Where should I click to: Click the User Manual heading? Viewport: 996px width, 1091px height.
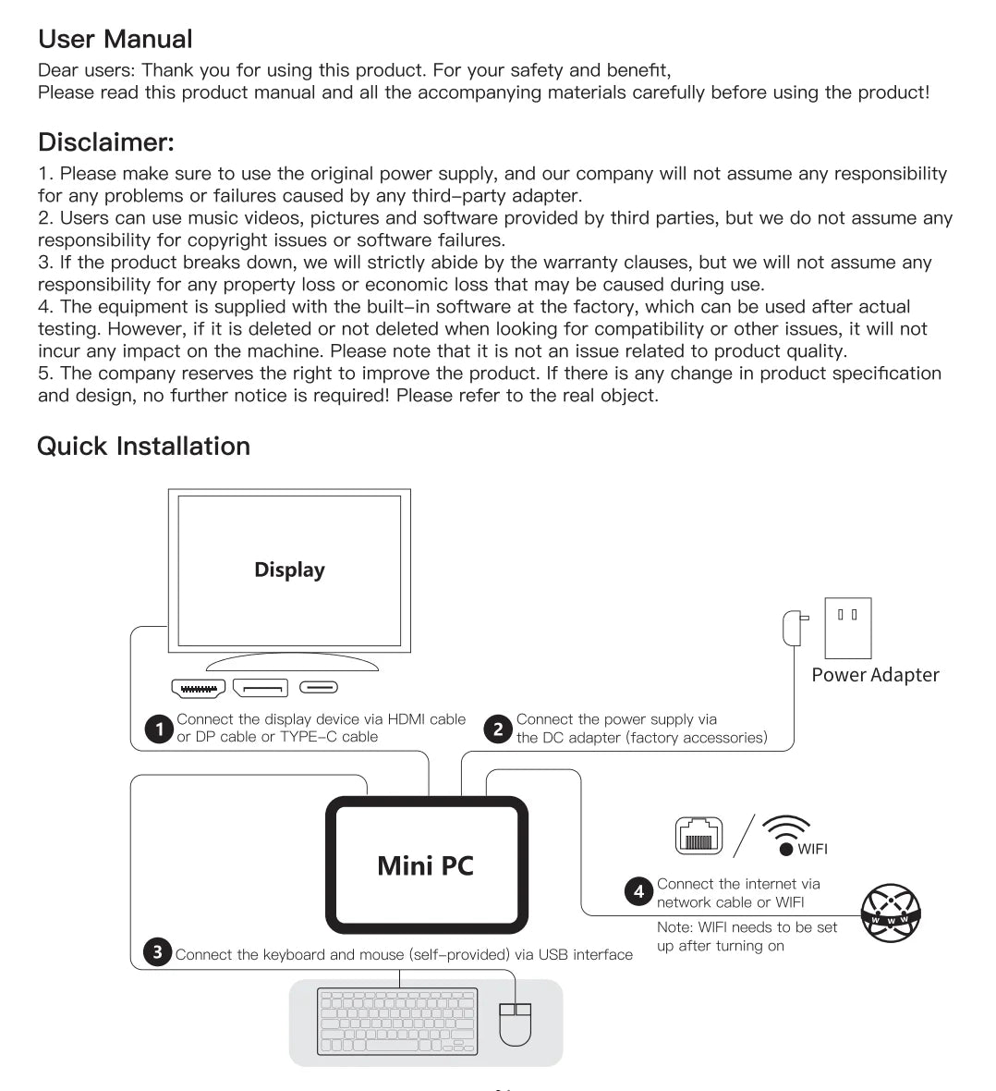(x=115, y=39)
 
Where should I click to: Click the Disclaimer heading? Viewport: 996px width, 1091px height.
(x=105, y=142)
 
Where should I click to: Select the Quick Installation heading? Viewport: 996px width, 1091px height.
(x=143, y=446)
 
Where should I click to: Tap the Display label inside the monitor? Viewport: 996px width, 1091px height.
(x=289, y=570)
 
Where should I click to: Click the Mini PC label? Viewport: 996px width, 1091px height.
(x=425, y=865)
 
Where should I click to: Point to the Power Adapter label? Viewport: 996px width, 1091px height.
(x=875, y=675)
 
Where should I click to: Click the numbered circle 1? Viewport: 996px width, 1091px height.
(x=159, y=729)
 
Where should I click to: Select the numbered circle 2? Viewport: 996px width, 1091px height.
(x=498, y=729)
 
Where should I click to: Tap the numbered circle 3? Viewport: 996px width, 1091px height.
(x=158, y=951)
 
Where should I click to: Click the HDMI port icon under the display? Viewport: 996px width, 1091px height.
(x=198, y=688)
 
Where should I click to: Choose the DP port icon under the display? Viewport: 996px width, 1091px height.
(x=261, y=688)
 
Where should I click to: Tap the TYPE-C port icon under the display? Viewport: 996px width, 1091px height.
(x=319, y=688)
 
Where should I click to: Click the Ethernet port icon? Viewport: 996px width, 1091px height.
(x=698, y=836)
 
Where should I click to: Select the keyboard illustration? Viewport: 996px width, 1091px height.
(x=397, y=1021)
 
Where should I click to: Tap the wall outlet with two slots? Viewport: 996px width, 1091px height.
(x=847, y=628)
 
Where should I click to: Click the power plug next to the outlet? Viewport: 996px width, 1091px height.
(x=793, y=628)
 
